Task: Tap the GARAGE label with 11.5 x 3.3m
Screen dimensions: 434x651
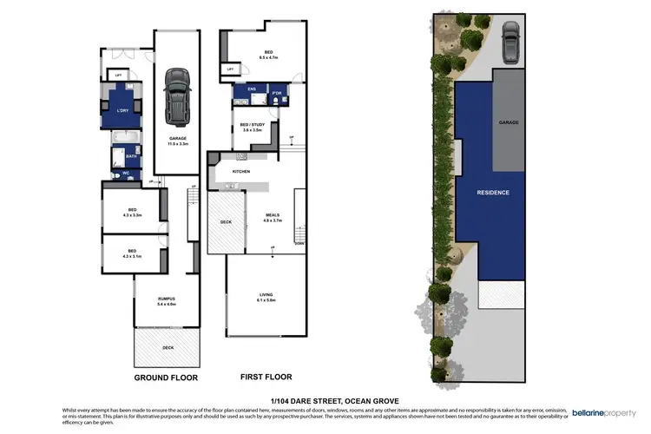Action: point(177,141)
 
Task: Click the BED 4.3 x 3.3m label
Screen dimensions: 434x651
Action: point(131,211)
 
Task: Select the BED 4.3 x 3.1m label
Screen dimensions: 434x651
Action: point(131,253)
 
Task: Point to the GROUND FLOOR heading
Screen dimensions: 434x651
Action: point(166,378)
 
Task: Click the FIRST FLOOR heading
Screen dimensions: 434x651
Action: point(265,378)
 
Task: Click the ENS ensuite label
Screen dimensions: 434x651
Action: point(251,89)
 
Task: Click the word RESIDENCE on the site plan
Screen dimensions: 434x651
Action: point(492,192)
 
